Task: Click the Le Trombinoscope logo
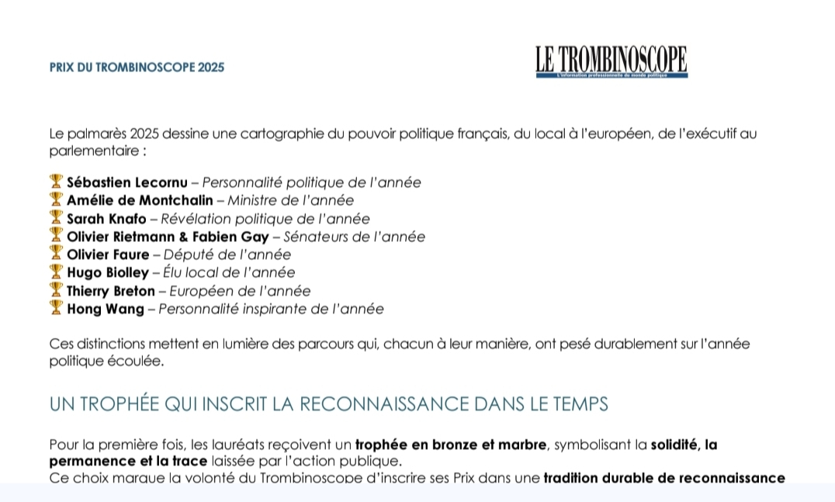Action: [x=611, y=61]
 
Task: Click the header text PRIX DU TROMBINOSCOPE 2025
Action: [x=137, y=68]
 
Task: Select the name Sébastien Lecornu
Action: [x=127, y=183]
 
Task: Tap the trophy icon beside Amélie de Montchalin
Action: [x=56, y=199]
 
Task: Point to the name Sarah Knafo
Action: [x=106, y=219]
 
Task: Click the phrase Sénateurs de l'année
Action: [x=354, y=237]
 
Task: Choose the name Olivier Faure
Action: [x=109, y=254]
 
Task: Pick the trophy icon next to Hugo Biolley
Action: [x=56, y=272]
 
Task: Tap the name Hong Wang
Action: [x=106, y=309]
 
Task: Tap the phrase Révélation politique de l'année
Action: [x=265, y=219]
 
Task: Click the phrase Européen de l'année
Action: [x=240, y=291]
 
